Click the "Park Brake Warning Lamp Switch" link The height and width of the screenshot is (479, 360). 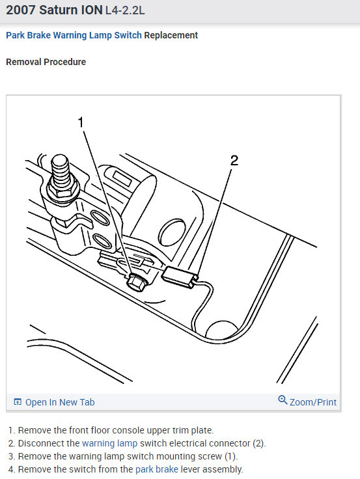(x=74, y=35)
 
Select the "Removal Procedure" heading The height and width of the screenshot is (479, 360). (x=46, y=62)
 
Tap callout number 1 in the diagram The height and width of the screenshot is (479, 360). (x=81, y=122)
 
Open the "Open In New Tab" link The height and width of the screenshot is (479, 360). (x=60, y=402)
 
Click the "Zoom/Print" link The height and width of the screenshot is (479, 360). (x=312, y=402)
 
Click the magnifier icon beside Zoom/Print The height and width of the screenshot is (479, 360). (x=283, y=400)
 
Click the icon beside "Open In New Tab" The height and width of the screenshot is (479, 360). (x=18, y=402)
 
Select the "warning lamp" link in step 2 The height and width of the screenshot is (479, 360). (x=109, y=443)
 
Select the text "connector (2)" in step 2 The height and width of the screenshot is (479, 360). (x=239, y=443)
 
